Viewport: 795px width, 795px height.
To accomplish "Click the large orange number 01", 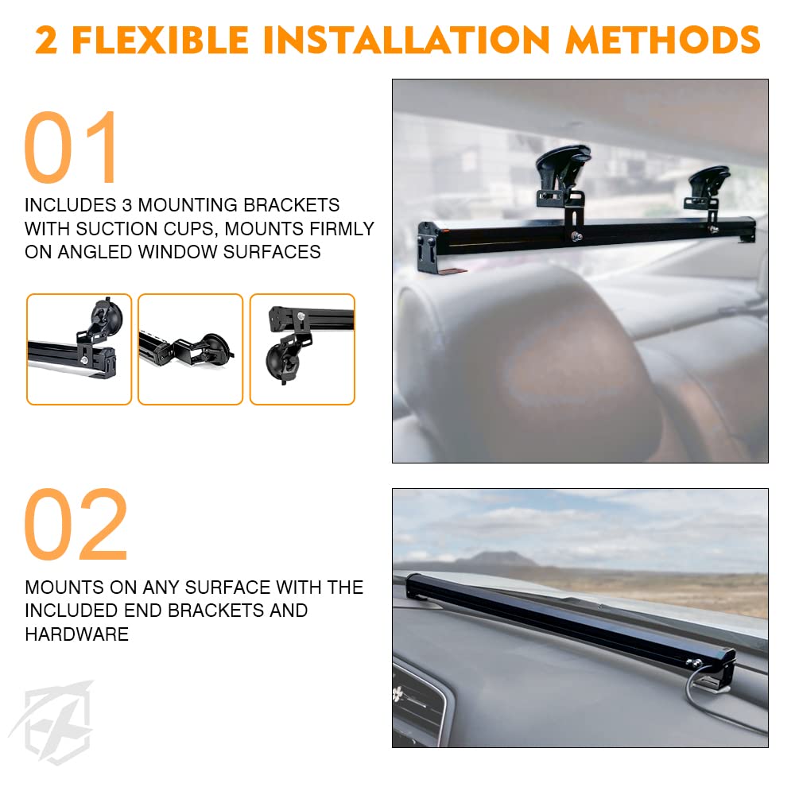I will (72, 149).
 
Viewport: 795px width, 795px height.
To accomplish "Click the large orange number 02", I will (76, 525).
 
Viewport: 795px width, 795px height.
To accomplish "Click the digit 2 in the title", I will (46, 40).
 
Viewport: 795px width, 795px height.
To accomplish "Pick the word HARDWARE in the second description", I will (76, 634).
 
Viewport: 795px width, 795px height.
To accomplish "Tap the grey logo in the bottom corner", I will (52, 719).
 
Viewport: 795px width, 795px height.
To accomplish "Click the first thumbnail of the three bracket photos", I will (79, 349).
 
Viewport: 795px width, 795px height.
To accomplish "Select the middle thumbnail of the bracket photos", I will (190, 349).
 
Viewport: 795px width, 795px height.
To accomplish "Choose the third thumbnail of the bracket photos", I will (302, 349).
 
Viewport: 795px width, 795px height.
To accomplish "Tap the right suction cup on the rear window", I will (709, 182).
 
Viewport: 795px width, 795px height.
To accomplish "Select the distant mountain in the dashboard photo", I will (493, 560).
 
